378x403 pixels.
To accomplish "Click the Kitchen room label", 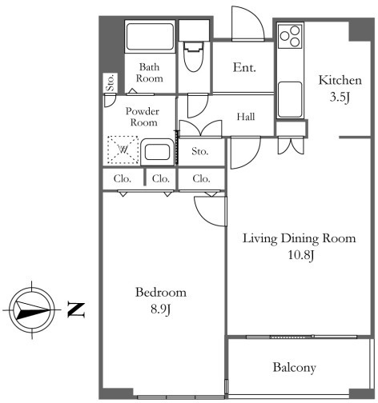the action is [x=340, y=80].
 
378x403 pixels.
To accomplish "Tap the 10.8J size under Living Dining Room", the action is [x=300, y=255].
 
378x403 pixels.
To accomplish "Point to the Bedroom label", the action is [x=161, y=293].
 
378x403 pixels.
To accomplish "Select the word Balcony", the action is [x=294, y=368].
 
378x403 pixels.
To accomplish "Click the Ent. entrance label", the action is [x=244, y=67].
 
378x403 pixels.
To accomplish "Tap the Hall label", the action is [x=246, y=117].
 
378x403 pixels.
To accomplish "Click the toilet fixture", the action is [x=194, y=56].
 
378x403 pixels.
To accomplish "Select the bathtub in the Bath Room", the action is [x=150, y=37].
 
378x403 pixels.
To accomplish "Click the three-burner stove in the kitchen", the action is [x=290, y=36].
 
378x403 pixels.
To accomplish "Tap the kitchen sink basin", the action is [x=290, y=100].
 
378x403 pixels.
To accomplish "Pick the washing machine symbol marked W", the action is [x=123, y=150].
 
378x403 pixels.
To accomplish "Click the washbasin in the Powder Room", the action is [x=157, y=152].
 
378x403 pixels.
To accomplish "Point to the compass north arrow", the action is [x=32, y=310].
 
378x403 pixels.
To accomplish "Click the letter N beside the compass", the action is [x=76, y=309].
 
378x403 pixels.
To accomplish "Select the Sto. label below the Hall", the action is [x=200, y=151].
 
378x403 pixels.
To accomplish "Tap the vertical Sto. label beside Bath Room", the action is [x=111, y=83].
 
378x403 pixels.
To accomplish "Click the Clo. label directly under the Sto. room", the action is [x=201, y=178].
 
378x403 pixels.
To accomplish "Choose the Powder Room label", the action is [x=143, y=117].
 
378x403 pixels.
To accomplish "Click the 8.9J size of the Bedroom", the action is [x=161, y=309].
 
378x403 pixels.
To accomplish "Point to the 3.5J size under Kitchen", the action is [x=340, y=97].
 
